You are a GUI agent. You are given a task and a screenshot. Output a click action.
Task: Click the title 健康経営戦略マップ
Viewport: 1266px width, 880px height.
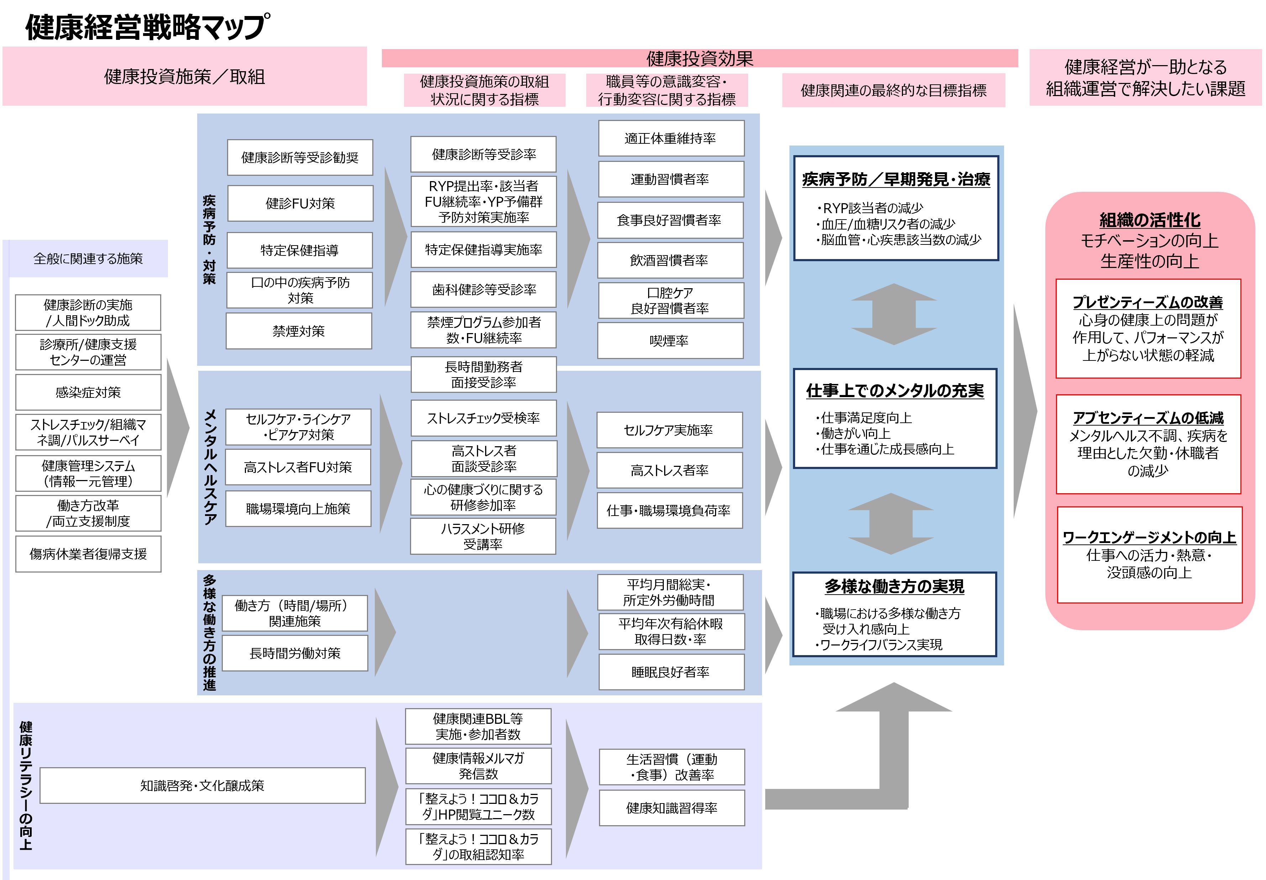(148, 27)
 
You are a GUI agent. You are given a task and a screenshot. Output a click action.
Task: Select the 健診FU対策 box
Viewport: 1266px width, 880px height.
(300, 204)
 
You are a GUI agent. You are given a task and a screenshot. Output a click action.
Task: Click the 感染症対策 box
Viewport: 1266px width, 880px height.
(88, 392)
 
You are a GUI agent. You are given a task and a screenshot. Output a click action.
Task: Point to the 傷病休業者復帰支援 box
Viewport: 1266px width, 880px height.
(88, 554)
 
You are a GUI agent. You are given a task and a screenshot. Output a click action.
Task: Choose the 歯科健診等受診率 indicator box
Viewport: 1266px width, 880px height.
(484, 289)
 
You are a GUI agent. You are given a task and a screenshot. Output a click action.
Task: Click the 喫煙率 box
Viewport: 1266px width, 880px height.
(670, 341)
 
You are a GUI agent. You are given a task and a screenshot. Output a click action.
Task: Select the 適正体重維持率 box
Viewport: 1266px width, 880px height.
(671, 138)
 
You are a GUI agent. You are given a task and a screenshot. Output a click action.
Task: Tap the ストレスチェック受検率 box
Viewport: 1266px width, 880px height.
(484, 418)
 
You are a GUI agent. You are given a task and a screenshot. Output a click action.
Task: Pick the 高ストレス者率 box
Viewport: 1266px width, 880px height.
(669, 470)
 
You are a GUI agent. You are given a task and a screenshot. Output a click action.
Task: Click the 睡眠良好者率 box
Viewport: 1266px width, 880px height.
(671, 671)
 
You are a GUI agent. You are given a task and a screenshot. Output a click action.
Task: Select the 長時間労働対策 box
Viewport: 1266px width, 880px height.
(295, 653)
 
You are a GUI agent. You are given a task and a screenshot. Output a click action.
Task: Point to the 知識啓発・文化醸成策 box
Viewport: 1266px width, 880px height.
(203, 785)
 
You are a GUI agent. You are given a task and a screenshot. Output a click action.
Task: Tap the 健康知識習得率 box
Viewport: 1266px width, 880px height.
(672, 808)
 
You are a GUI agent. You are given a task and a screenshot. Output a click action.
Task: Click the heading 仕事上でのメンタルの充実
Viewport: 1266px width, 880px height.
(894, 390)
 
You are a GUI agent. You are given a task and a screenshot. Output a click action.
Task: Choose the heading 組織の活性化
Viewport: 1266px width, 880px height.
(1150, 220)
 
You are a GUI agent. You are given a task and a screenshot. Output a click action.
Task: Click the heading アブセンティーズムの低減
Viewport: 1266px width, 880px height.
(1148, 417)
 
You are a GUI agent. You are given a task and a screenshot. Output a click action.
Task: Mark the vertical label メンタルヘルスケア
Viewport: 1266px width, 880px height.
(210, 467)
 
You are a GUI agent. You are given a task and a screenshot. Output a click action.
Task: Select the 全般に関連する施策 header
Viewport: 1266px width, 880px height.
(88, 259)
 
